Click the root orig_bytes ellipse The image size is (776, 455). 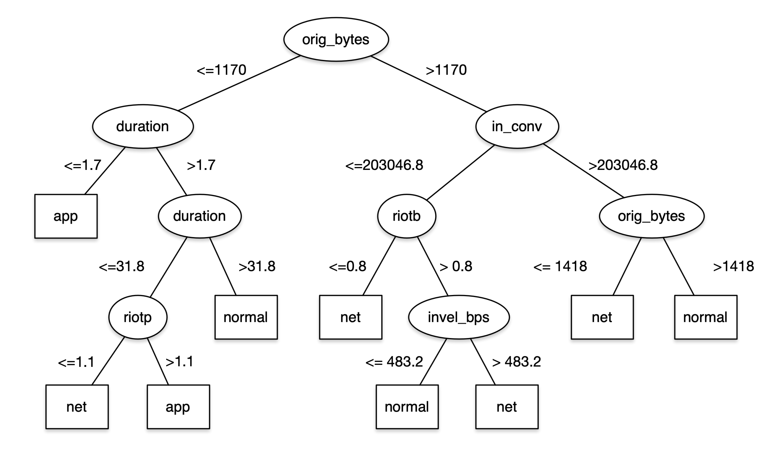coord(336,39)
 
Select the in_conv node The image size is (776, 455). coord(517,126)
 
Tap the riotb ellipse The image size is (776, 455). coord(406,216)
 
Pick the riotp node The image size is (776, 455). coord(138,317)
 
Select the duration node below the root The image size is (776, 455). coord(143,126)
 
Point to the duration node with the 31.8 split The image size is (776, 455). coord(200,216)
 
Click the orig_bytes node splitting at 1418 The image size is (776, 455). coord(651,216)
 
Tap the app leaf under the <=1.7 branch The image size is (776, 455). coord(66,216)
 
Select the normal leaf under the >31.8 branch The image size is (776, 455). coord(246,317)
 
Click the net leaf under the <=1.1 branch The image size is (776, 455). coord(77,407)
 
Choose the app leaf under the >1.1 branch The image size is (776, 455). coord(178,407)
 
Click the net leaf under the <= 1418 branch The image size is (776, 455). coord(602,317)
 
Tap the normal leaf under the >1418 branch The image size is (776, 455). coord(705,317)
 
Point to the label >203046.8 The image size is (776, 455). coord(623,165)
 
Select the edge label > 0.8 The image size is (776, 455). coord(456,267)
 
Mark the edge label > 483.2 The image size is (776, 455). coord(516,362)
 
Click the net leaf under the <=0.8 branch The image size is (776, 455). coord(350,317)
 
